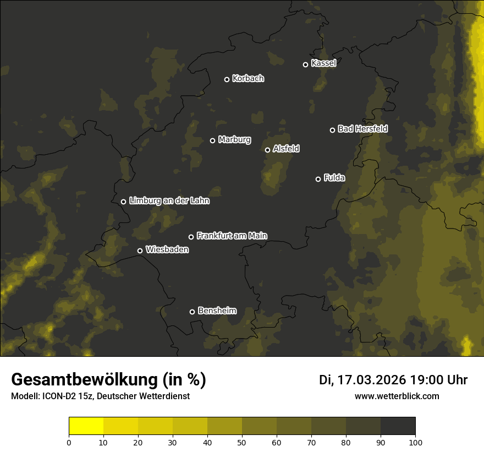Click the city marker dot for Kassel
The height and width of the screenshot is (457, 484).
click(305, 64)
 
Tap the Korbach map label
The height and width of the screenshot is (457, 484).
click(248, 79)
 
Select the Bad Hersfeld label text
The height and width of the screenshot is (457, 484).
click(362, 129)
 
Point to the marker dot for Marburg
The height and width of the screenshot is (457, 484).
click(212, 140)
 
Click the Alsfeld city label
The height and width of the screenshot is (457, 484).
click(286, 149)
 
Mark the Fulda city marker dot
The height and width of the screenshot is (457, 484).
click(318, 179)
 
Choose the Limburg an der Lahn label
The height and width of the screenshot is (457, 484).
click(169, 201)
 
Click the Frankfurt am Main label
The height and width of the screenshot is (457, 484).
click(232, 236)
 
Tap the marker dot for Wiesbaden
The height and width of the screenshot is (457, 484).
click(140, 251)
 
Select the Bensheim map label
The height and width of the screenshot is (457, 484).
click(217, 311)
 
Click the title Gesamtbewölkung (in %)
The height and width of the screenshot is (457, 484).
click(108, 380)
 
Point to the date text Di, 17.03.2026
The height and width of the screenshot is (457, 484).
click(362, 380)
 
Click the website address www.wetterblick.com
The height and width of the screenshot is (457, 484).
click(397, 396)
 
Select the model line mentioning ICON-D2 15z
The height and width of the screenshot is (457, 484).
click(100, 396)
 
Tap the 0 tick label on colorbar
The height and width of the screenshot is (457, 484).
click(69, 442)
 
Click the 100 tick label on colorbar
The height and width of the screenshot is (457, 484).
click(415, 442)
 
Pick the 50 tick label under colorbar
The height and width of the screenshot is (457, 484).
click(242, 442)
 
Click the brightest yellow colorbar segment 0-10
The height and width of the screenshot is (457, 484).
click(86, 426)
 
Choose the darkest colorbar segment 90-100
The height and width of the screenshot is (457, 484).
click(398, 426)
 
